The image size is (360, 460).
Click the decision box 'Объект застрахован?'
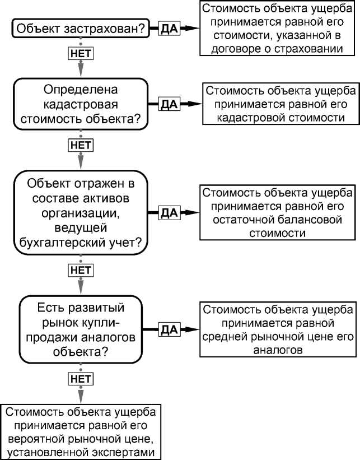point(81,28)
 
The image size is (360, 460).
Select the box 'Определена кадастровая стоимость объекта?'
point(81,105)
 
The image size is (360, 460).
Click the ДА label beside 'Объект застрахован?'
point(169,28)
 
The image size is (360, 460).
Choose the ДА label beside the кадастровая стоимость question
point(169,104)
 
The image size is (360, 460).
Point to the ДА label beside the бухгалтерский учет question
point(169,213)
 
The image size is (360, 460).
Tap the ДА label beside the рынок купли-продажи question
point(169,329)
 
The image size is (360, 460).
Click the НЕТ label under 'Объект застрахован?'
point(81,53)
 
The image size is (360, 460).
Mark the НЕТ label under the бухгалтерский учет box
point(81,270)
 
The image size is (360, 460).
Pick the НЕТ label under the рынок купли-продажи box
point(81,379)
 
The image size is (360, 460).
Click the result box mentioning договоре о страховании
point(278,29)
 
